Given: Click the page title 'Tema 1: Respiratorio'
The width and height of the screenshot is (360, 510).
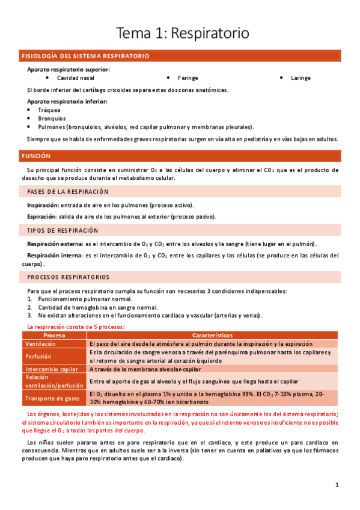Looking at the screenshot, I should pos(182,33).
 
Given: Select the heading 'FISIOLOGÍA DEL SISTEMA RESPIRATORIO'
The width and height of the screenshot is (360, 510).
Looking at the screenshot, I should pos(85,56).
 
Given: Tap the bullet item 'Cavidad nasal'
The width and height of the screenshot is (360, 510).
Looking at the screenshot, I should pos(75,78).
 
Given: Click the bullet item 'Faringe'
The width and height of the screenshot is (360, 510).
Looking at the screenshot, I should pos(188,78).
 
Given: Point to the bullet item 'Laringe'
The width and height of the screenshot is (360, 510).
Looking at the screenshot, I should pos(301,78).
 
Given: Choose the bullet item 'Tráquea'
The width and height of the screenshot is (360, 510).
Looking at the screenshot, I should pos(49,110).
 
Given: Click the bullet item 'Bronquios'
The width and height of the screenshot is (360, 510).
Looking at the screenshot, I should pos(52,118).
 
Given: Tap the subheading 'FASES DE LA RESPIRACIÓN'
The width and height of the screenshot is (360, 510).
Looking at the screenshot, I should pos(68,192).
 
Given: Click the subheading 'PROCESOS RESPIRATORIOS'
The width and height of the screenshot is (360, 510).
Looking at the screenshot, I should pos(69,277).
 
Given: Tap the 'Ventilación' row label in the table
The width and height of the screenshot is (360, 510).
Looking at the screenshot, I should pos(40,343).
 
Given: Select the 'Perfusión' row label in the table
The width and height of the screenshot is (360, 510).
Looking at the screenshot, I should pos(37,356).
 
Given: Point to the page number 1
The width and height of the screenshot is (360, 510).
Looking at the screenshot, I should pos(337,485).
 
